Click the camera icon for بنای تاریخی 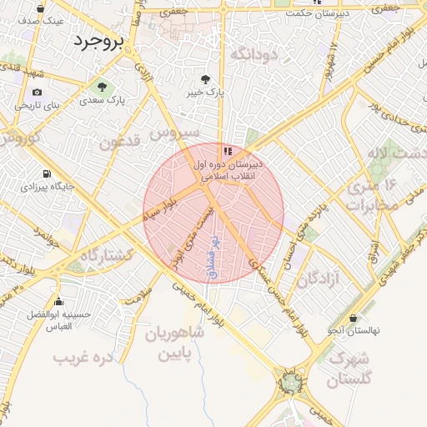37,92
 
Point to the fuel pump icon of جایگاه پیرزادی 45,174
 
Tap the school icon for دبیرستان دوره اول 227,151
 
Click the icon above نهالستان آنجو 354,319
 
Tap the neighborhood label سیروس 175,133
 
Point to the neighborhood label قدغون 120,142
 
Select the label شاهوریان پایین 175,344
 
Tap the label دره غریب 82,358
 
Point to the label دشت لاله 395,154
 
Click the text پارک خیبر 207,92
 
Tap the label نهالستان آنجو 353,331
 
